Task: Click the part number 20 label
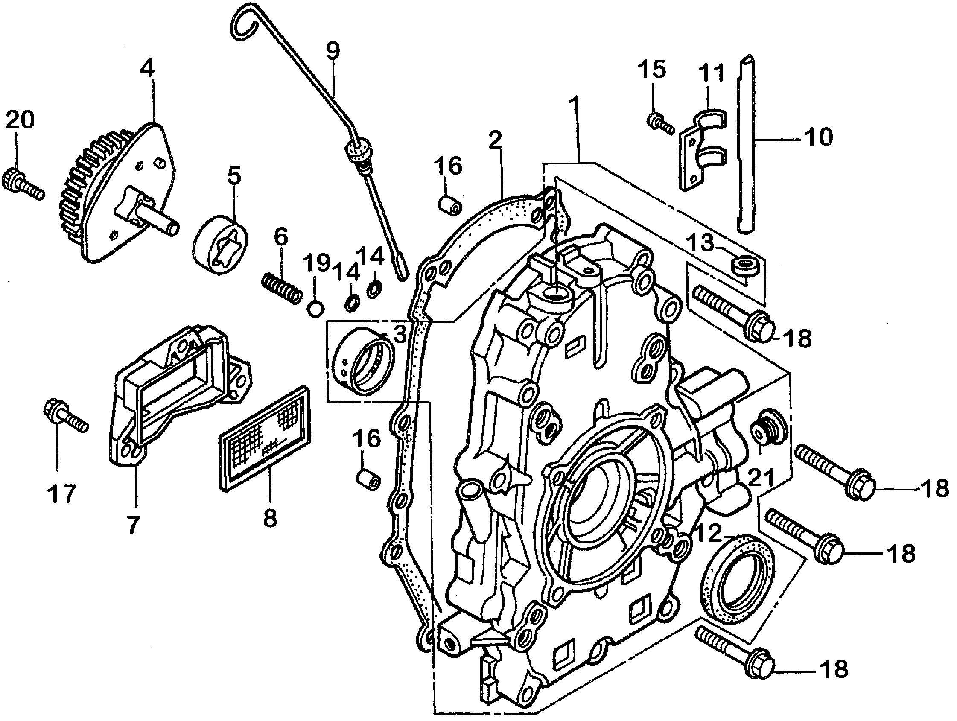coord(20,120)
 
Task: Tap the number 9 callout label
coord(333,51)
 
